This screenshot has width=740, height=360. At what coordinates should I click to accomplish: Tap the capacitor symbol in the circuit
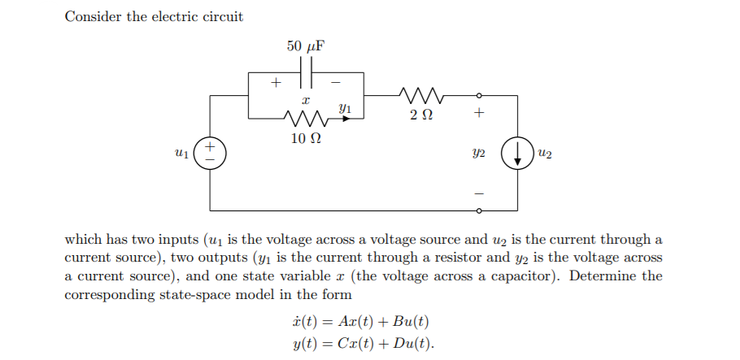point(306,73)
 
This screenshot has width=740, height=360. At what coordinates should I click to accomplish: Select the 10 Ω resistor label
point(306,138)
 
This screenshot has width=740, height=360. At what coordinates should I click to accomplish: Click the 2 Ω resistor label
point(420,115)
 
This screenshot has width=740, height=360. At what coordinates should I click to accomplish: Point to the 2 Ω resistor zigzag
point(420,96)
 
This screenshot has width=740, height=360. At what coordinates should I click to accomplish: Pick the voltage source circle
point(211,153)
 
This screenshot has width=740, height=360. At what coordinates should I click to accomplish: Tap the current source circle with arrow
point(517,153)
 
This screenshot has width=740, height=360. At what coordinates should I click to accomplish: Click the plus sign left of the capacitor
point(276,81)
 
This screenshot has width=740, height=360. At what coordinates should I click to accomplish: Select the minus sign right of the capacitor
point(335,81)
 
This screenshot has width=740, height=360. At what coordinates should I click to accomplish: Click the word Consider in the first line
point(93,16)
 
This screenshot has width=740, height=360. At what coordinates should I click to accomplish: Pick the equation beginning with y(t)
point(363,342)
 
